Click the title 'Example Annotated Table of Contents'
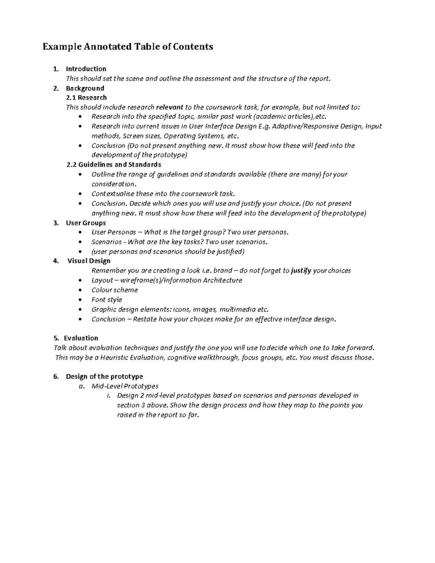pyautogui.click(x=128, y=47)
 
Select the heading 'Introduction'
pyautogui.click(x=86, y=69)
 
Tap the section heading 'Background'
pyautogui.click(x=85, y=88)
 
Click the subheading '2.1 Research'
pyautogui.click(x=86, y=98)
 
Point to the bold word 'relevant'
pyautogui.click(x=169, y=107)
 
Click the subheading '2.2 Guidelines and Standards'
pyautogui.click(x=114, y=165)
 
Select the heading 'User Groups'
pyautogui.click(x=86, y=223)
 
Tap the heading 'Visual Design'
pyautogui.click(x=89, y=261)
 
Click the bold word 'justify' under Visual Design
pyautogui.click(x=301, y=271)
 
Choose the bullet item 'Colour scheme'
pyautogui.click(x=115, y=290)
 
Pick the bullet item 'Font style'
pyautogui.click(x=107, y=300)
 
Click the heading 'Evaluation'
pyautogui.click(x=81, y=338)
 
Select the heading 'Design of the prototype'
pyautogui.click(x=104, y=377)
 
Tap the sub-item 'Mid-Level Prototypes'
pyautogui.click(x=125, y=386)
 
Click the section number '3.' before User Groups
pyautogui.click(x=56, y=223)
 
